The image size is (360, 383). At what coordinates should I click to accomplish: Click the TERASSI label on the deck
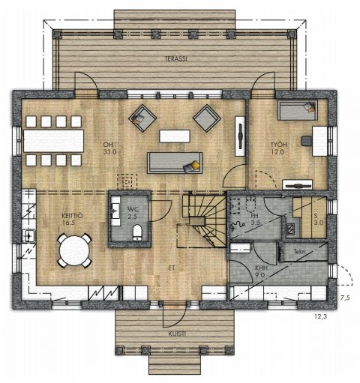[176, 58]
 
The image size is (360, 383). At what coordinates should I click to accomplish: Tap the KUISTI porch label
[177, 334]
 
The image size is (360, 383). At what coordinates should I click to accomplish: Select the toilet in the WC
[137, 232]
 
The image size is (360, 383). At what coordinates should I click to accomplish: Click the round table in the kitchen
[74, 250]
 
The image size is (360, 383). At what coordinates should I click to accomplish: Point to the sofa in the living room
[175, 163]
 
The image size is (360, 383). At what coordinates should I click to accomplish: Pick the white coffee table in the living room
[175, 136]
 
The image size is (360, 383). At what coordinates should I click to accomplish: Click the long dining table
[53, 141]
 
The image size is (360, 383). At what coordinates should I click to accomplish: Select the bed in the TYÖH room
[298, 110]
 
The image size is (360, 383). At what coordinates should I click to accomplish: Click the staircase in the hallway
[205, 220]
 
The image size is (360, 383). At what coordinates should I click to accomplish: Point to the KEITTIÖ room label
[72, 216]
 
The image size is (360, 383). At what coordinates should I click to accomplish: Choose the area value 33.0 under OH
[109, 151]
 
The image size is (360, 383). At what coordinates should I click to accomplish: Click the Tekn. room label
[300, 252]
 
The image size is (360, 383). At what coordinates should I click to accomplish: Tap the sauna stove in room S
[290, 229]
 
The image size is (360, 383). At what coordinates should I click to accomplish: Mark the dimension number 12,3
[320, 316]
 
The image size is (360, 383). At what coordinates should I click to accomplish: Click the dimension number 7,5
[345, 298]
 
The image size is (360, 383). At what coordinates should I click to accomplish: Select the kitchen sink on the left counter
[29, 235]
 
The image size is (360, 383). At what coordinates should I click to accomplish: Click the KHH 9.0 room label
[261, 271]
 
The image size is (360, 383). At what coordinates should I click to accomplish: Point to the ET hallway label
[172, 268]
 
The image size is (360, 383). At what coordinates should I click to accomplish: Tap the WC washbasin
[115, 211]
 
